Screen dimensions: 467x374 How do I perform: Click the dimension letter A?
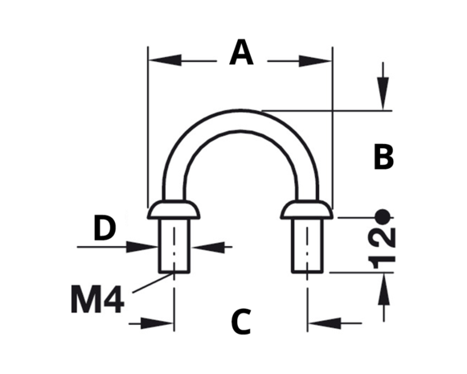pos(241,52)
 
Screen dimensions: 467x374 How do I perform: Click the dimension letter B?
pos(383,157)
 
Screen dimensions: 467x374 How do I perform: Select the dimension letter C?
pos(241,322)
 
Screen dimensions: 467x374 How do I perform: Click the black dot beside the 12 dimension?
pos(383,217)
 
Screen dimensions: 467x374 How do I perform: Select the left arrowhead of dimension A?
pos(165,60)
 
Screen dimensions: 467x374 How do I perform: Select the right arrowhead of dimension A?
pos(315,61)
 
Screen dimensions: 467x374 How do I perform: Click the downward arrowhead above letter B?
pos(383,93)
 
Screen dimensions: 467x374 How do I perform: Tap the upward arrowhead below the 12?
pos(383,289)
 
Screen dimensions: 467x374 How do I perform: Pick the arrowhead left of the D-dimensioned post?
pos(141,247)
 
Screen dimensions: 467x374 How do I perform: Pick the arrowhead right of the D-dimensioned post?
pos(207,247)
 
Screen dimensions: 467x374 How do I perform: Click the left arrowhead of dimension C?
pos(157,323)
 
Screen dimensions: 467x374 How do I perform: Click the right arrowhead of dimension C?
pos(325,323)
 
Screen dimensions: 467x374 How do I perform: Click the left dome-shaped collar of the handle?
pos(174,209)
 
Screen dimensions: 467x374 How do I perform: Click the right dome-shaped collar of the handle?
pos(307,209)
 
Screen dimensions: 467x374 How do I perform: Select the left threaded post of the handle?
pos(174,245)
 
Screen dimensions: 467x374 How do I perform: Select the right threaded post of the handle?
pos(307,245)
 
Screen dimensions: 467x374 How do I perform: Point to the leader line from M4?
pos(152,282)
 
